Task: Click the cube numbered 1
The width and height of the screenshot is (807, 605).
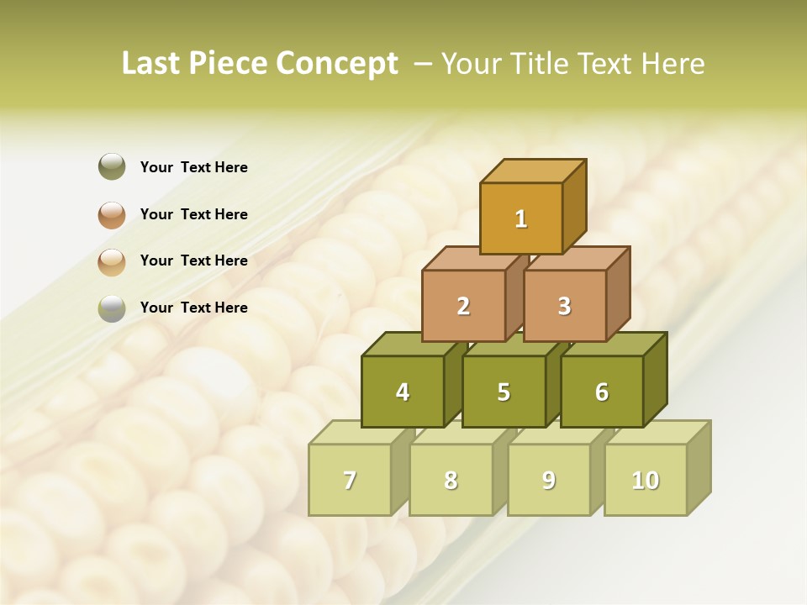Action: point(521,218)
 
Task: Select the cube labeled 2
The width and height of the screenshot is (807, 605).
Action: point(463,306)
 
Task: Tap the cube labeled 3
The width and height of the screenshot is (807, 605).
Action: point(564,306)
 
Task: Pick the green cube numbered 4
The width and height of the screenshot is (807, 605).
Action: point(403,392)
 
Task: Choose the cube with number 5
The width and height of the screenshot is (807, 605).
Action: point(504,392)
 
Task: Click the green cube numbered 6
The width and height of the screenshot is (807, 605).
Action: point(602,392)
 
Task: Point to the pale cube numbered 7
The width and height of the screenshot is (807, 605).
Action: point(350,480)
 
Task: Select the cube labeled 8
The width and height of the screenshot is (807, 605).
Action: point(451,480)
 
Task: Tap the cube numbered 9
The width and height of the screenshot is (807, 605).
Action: point(549,480)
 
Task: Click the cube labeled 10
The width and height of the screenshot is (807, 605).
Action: point(646,480)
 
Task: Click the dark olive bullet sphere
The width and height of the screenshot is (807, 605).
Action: point(112,166)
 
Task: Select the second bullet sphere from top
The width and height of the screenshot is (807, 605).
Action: point(112,214)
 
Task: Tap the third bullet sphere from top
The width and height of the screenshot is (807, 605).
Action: point(112,261)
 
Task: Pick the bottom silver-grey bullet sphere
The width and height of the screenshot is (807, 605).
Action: point(112,308)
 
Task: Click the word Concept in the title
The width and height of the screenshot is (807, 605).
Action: point(336,64)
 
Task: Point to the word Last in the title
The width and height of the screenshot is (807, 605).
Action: point(150,64)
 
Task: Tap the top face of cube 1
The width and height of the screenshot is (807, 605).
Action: point(533,171)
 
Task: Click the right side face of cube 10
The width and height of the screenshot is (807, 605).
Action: point(699,466)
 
